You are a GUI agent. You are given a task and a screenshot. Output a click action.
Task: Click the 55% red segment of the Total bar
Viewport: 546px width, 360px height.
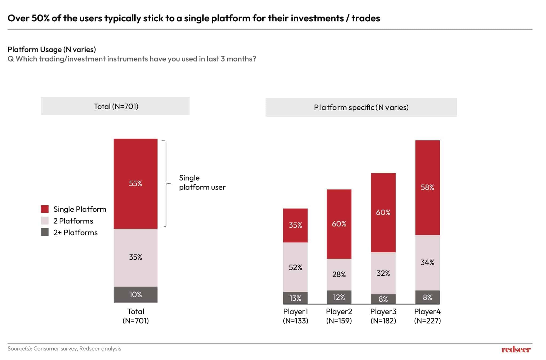click(x=135, y=183)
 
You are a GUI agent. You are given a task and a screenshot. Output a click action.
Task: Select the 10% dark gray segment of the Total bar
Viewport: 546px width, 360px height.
click(x=135, y=294)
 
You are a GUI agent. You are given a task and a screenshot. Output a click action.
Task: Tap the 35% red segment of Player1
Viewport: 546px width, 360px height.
click(x=295, y=225)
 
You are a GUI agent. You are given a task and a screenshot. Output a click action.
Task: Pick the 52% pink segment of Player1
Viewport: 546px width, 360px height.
click(x=295, y=267)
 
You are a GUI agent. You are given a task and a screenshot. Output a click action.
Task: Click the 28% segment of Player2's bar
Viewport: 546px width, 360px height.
click(x=339, y=274)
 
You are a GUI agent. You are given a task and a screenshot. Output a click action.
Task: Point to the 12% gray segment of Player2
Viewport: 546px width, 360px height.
click(x=339, y=297)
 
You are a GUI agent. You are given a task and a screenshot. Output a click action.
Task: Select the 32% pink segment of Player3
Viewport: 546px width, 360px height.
click(x=383, y=273)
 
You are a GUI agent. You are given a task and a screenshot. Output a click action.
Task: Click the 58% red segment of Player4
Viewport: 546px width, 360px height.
click(x=427, y=187)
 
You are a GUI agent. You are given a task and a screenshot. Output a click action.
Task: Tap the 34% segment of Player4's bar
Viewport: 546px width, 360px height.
click(x=427, y=262)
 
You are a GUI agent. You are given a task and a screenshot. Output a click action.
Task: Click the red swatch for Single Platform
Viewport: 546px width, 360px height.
click(x=45, y=209)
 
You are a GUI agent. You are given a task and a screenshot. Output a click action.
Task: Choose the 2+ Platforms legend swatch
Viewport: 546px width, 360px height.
click(x=45, y=232)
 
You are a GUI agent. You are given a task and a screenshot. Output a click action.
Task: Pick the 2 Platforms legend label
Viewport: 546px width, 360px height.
click(x=73, y=221)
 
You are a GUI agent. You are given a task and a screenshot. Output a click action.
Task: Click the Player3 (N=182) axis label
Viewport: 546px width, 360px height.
click(x=383, y=316)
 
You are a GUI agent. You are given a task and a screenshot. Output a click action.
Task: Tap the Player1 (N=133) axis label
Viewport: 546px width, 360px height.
click(x=295, y=316)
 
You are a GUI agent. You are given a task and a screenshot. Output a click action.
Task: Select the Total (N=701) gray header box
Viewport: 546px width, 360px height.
click(x=115, y=106)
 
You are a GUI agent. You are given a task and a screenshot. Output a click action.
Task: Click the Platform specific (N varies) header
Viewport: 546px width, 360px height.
click(x=361, y=107)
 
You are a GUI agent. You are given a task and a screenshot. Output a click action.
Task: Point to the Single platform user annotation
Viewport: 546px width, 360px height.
click(x=202, y=182)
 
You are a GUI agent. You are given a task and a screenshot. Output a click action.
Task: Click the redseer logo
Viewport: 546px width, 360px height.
click(x=516, y=349)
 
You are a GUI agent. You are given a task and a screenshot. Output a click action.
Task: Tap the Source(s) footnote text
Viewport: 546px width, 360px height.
click(x=64, y=349)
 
